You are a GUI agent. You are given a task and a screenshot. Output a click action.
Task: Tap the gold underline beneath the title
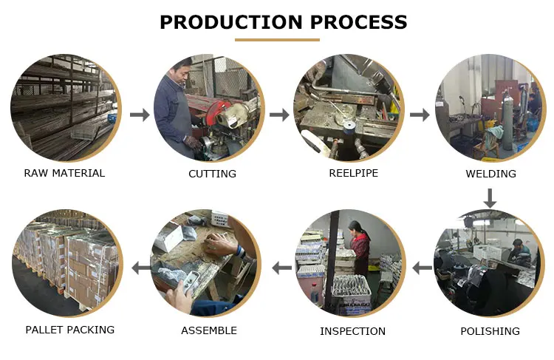pos(277,40)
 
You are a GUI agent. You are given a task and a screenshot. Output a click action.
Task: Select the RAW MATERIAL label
pos(64,173)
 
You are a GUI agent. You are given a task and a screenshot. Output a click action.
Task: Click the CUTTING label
pos(212,174)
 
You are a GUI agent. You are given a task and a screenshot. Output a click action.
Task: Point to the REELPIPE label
pos(353,173)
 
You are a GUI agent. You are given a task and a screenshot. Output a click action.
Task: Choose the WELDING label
pos(490,174)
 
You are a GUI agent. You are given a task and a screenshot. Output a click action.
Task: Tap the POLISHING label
pos(490,330)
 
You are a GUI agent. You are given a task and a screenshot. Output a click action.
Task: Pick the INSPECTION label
pos(352,331)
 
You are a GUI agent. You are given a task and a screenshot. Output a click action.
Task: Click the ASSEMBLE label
pos(209,330)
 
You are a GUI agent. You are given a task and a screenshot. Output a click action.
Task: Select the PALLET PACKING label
pos(70,330)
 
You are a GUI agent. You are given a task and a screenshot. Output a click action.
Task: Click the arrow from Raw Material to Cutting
pos(139,115)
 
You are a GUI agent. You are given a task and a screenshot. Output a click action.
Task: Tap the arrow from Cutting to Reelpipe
pos(279,115)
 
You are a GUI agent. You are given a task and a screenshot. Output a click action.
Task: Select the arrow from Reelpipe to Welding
pos(420,115)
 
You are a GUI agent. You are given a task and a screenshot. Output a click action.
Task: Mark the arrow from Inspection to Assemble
pos(281,268)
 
